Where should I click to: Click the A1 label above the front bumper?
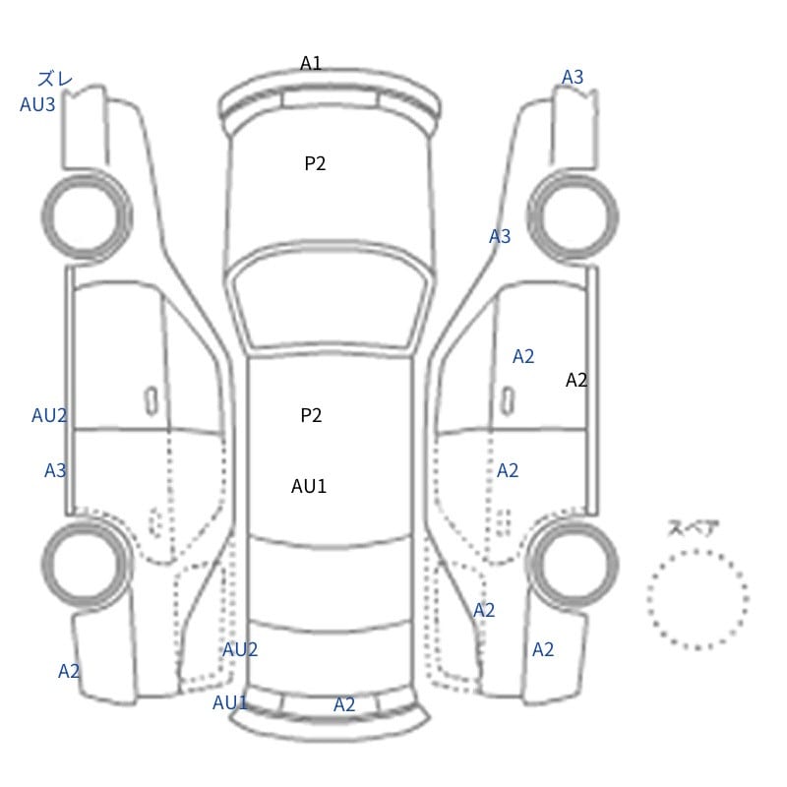[x=310, y=63]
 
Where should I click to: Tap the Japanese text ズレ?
[x=55, y=79]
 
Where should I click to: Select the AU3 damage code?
[x=37, y=104]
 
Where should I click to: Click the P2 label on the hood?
[x=315, y=163]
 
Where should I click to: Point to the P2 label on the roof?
[x=311, y=415]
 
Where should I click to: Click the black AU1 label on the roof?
[x=309, y=486]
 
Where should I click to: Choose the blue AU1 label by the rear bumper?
[x=230, y=702]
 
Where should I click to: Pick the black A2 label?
[x=576, y=380]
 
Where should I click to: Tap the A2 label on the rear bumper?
[x=343, y=704]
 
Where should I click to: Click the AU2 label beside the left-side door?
[x=49, y=415]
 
